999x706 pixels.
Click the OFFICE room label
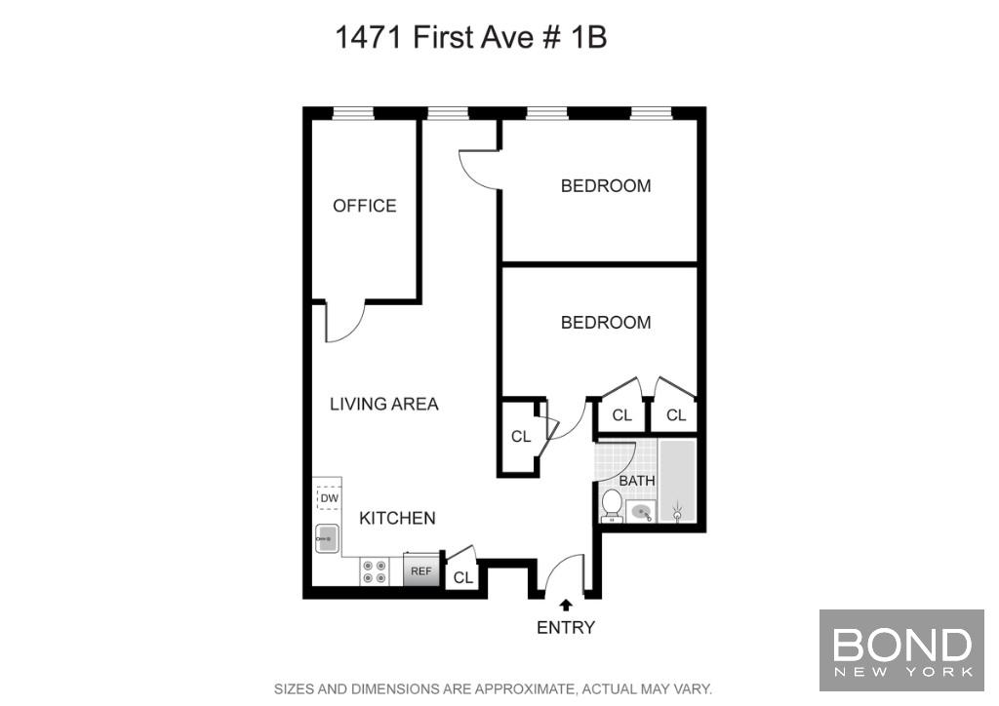[365, 206]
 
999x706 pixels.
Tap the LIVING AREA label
[384, 404]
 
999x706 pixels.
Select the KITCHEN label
[398, 518]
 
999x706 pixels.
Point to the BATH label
[637, 481]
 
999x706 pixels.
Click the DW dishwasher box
[330, 498]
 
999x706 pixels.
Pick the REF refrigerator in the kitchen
[421, 570]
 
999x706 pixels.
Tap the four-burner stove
[375, 571]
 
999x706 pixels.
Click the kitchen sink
[327, 539]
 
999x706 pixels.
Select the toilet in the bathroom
[612, 505]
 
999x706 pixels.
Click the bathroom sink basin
[641, 512]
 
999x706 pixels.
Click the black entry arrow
[566, 606]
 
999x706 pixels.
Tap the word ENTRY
[566, 628]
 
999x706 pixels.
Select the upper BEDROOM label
[606, 186]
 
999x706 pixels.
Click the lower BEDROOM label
[606, 323]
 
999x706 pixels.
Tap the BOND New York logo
[901, 650]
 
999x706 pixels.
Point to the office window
[353, 114]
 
